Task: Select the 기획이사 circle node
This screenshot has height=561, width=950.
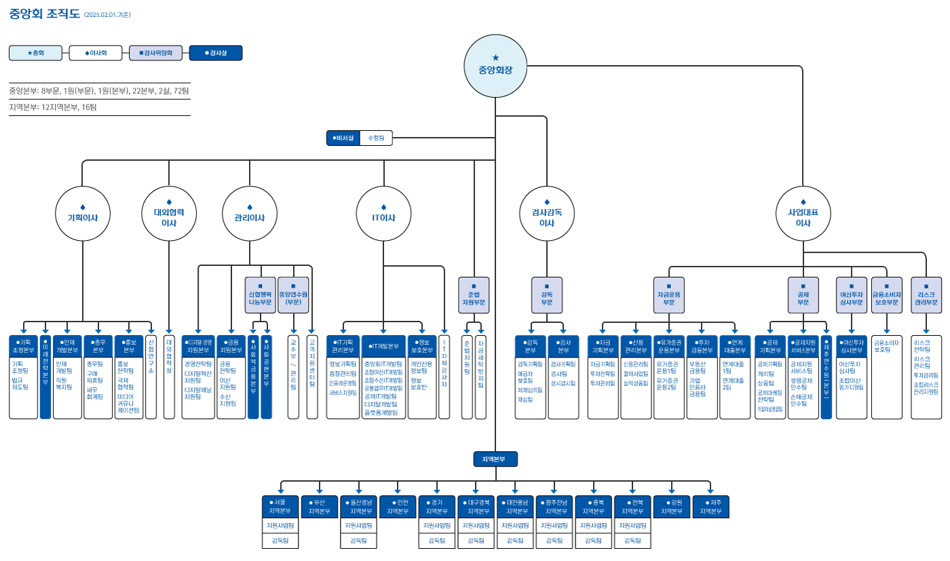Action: pyautogui.click(x=83, y=214)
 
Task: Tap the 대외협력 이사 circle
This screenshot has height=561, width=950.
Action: pyautogui.click(x=169, y=214)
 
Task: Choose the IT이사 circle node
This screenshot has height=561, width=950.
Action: pyautogui.click(x=384, y=214)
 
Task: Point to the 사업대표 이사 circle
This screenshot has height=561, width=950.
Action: pyautogui.click(x=803, y=214)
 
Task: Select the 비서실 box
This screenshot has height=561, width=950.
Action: pyautogui.click(x=343, y=138)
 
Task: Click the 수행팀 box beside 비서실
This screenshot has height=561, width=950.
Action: pyautogui.click(x=376, y=138)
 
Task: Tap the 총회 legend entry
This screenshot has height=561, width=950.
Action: pyautogui.click(x=35, y=53)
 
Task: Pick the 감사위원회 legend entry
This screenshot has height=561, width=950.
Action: pyautogui.click(x=156, y=53)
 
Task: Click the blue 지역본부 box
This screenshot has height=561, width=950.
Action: pyautogui.click(x=495, y=459)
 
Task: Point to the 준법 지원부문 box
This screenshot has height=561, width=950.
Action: pyautogui.click(x=474, y=294)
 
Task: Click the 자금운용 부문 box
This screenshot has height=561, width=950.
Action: pyautogui.click(x=668, y=294)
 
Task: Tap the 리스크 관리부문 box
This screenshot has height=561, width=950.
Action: pyautogui.click(x=926, y=294)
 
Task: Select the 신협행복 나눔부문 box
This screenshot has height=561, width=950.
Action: pyautogui.click(x=260, y=294)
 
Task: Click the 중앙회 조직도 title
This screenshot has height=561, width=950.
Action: pyautogui.click(x=44, y=14)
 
